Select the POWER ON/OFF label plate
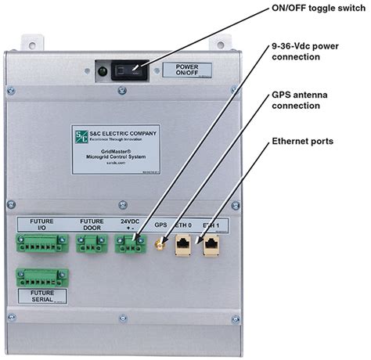coord(185,69)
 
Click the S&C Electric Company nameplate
coord(115,149)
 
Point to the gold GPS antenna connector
coord(158,246)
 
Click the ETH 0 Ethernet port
coord(182,246)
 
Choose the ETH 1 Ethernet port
coord(211,246)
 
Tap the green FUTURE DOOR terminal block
coord(92,245)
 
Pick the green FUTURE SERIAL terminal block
coord(42,276)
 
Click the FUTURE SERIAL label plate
coord(42,296)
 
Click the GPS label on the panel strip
coord(160,224)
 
